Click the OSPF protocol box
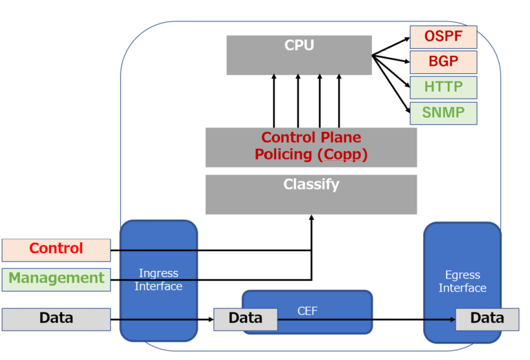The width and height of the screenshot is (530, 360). pos(443,37)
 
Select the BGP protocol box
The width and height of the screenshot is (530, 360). pos(443,62)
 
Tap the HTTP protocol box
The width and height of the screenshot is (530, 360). pos(443,87)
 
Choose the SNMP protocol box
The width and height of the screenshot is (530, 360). pos(443,112)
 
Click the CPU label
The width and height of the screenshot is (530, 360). pos(299,46)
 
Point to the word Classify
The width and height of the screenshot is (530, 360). pos(311,185)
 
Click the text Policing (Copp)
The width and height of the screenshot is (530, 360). pos(311,154)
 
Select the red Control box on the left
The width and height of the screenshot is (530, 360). pos(56,249)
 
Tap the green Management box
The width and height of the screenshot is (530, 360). pos(56,279)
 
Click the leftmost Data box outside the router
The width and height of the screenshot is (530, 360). pos(56,319)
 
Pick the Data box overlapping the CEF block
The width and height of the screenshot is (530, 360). pos(245,319)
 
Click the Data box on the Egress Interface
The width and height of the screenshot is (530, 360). pos(487,319)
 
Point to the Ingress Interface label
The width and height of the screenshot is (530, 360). pos(159,279)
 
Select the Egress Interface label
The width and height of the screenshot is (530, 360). pos(462,281)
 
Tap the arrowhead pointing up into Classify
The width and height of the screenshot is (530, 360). pos(312,218)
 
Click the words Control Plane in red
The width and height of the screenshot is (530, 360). pos(311,137)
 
